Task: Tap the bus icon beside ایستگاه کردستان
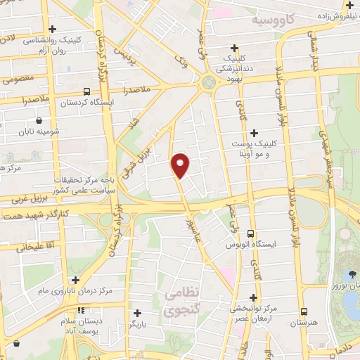(86, 91)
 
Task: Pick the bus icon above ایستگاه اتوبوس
(251, 234)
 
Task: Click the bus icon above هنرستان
(304, 311)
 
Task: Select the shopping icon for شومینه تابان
(38, 120)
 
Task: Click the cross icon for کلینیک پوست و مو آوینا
(254, 133)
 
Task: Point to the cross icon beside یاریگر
(137, 313)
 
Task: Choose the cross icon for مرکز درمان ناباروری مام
(75, 280)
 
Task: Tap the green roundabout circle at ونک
(208, 82)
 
